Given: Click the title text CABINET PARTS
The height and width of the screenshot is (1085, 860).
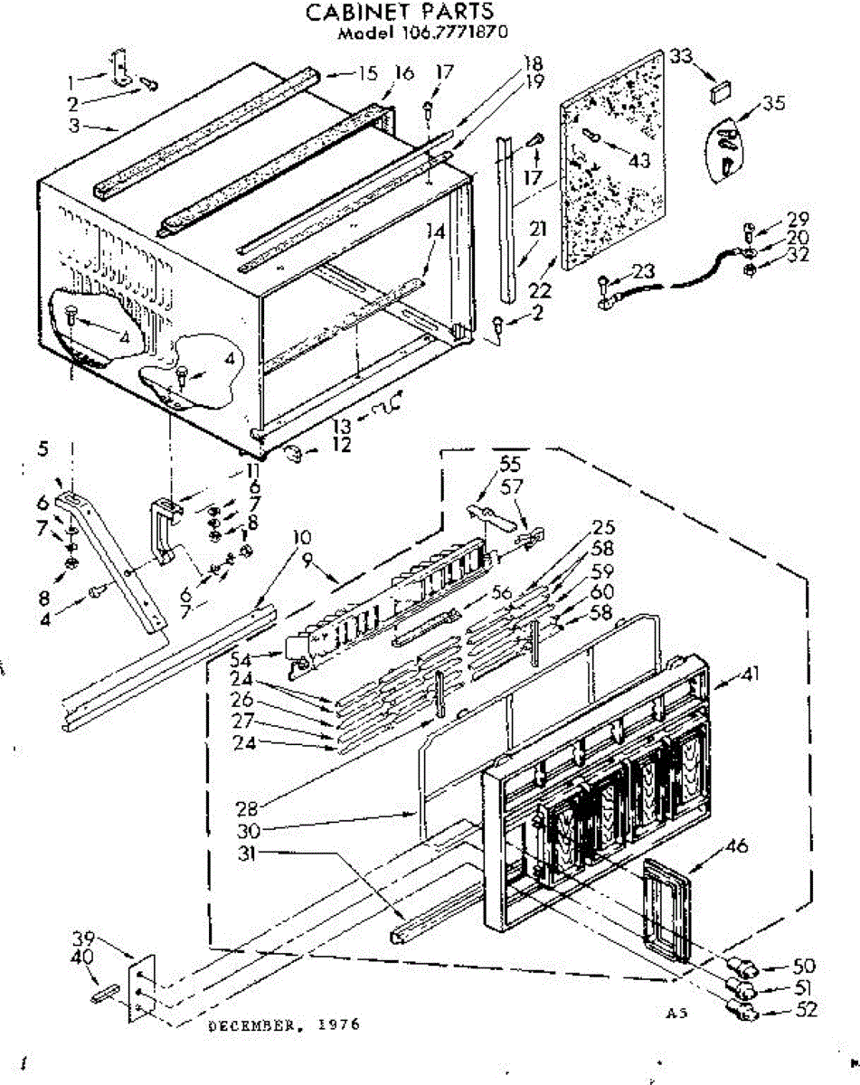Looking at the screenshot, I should tap(400, 12).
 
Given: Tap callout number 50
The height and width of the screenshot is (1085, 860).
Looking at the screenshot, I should tap(803, 966).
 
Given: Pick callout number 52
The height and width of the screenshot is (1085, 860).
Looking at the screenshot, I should tap(803, 1010).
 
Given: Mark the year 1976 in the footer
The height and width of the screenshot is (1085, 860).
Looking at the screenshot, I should tap(341, 1024).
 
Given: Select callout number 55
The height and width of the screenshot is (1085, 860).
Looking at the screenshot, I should tap(510, 466).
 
